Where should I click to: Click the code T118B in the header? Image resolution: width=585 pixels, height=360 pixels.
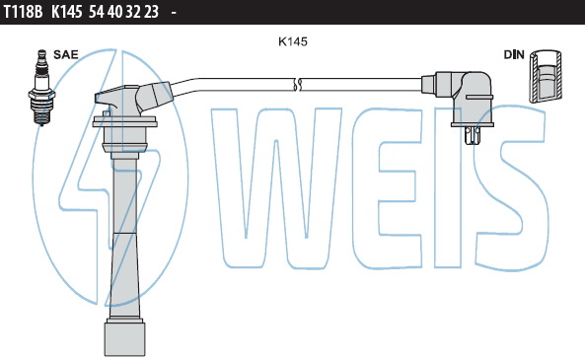click(x=23, y=12)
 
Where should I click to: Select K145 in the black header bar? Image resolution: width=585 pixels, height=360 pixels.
click(x=66, y=12)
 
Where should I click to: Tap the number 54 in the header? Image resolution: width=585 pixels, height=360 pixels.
click(x=97, y=12)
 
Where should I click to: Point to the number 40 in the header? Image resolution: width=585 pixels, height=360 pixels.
click(x=114, y=12)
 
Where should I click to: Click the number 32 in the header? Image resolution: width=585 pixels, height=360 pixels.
click(x=133, y=12)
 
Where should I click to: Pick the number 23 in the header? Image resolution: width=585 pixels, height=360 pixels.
click(x=151, y=12)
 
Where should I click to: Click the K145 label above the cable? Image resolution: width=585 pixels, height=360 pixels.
click(x=293, y=41)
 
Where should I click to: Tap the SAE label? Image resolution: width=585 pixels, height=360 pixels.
click(x=66, y=54)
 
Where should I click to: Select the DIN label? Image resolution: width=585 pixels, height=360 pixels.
click(x=514, y=54)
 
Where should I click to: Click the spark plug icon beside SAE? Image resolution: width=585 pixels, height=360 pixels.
click(x=41, y=88)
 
